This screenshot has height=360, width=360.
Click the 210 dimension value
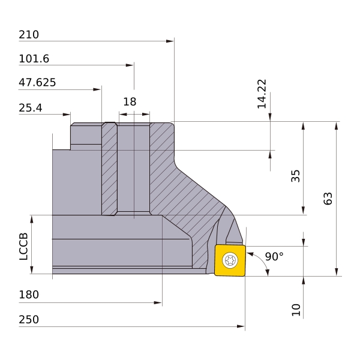(x=29, y=35)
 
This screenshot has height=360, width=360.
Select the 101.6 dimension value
(x=34, y=59)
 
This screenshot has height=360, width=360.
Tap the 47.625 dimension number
(x=37, y=82)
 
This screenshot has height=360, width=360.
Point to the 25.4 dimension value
(x=31, y=108)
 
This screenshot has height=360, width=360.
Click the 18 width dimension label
(x=130, y=102)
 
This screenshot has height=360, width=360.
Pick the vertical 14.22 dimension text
(x=262, y=94)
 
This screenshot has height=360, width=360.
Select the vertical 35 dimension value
(x=295, y=176)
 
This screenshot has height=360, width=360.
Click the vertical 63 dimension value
(x=328, y=199)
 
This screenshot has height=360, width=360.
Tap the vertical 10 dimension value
(x=296, y=310)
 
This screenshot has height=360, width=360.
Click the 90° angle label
(x=274, y=256)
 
